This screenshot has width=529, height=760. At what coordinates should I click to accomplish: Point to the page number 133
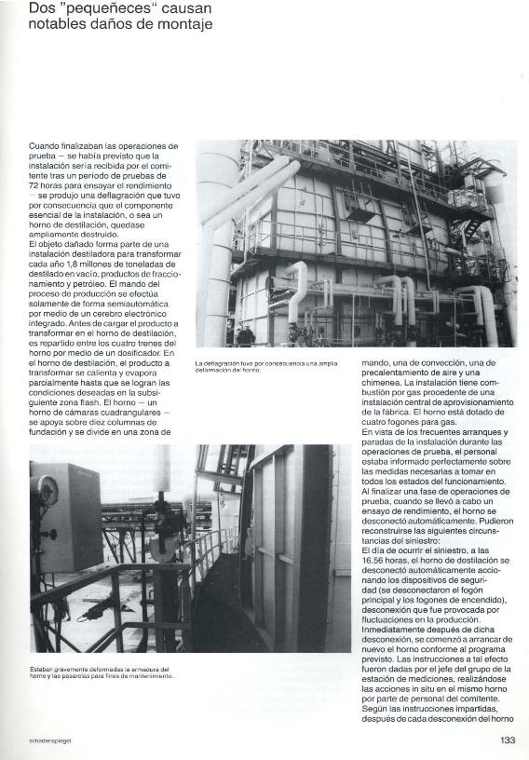507,741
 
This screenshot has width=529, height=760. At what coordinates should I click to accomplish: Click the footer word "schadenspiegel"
50,742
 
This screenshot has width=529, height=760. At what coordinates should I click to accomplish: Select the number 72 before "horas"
35,185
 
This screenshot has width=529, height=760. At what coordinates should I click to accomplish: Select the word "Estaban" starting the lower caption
43,669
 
